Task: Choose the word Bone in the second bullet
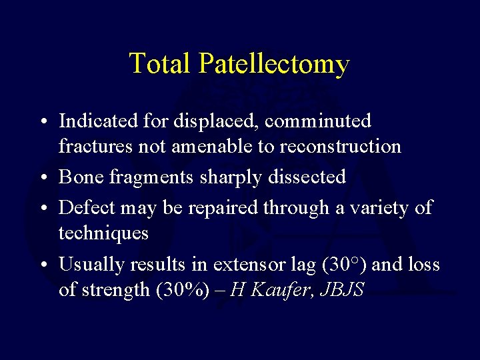pos(79,177)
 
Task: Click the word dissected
pos(306,177)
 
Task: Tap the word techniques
pos(103,233)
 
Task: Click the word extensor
pos(247,265)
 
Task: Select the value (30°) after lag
pos(343,265)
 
